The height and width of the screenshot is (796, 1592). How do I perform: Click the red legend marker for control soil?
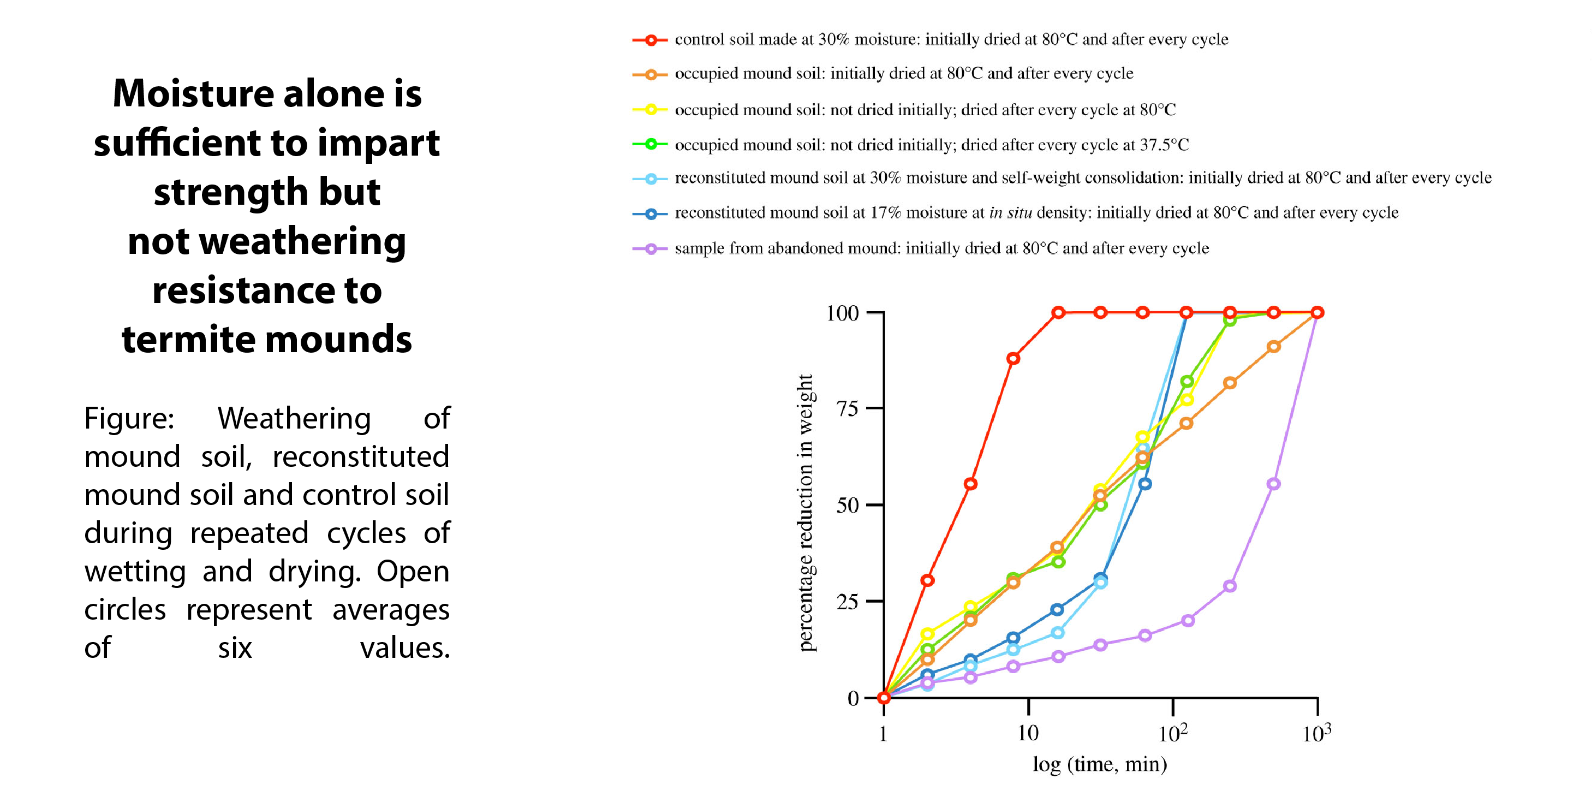coord(650,40)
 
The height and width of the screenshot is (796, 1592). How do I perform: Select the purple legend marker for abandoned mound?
coord(650,249)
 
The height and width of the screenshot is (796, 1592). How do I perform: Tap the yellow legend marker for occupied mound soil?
coord(650,110)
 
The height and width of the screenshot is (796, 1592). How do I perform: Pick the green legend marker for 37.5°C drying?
coord(650,145)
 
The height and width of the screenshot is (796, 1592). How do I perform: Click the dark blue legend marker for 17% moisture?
coord(650,214)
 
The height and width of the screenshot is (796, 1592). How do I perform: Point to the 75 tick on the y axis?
coord(847,408)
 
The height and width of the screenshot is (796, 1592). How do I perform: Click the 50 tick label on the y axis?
coord(847,506)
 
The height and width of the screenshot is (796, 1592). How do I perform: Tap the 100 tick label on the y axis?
coord(842,313)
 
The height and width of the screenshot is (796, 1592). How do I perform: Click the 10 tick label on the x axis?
coord(1028,734)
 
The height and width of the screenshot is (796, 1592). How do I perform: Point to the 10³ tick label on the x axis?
coord(1316,734)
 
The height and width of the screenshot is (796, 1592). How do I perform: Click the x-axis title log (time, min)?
coord(1099,765)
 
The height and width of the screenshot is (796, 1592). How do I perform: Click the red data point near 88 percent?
coord(1013,359)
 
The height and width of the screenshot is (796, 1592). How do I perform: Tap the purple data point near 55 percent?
coord(1273,484)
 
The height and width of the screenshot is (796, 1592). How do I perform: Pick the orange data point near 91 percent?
coord(1273,347)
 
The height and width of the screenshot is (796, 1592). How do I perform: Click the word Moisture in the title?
coord(191,94)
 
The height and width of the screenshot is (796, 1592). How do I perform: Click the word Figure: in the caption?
coord(129,418)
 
